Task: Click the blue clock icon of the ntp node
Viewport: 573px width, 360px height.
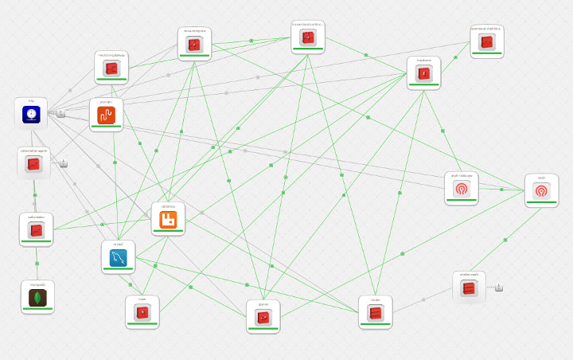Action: pyautogui.click(x=31, y=115)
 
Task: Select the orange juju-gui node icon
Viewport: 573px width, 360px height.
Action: pyautogui.click(x=106, y=115)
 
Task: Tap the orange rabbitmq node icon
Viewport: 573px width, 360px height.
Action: pyautogui.click(x=168, y=219)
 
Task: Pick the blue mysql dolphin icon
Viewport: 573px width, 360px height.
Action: pyautogui.click(x=118, y=258)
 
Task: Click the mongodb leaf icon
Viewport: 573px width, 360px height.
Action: pyautogui.click(x=37, y=298)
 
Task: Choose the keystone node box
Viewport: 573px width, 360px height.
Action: pyautogui.click(x=423, y=74)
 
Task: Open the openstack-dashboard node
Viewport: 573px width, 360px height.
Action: pyautogui.click(x=486, y=42)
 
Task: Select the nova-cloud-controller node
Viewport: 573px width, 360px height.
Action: pyautogui.click(x=307, y=37)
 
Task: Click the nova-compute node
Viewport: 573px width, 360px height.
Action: pyautogui.click(x=194, y=45)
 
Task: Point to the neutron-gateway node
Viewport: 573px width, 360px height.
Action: pyautogui.click(x=111, y=68)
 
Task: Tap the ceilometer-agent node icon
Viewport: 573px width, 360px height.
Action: pyautogui.click(x=33, y=164)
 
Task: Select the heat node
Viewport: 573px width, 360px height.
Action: pyautogui.click(x=142, y=312)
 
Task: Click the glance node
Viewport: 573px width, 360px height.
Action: pyautogui.click(x=263, y=317)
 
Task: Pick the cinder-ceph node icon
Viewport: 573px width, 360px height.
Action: pyautogui.click(x=469, y=288)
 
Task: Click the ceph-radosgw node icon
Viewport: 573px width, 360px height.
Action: pyautogui.click(x=461, y=189)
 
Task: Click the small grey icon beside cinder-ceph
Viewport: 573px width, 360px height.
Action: pyautogui.click(x=499, y=288)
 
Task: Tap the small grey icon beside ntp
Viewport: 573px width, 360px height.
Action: pyautogui.click(x=60, y=113)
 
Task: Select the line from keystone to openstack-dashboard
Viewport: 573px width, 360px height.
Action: pyautogui.click(x=456, y=57)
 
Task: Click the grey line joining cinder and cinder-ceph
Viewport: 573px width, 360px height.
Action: pyautogui.click(x=423, y=300)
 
